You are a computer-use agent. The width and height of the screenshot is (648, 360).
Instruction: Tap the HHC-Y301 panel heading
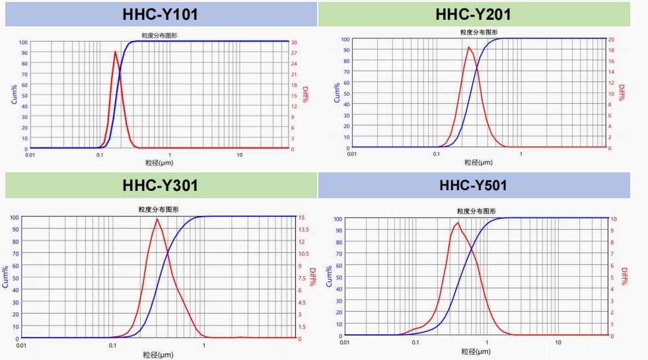pyautogui.click(x=160, y=186)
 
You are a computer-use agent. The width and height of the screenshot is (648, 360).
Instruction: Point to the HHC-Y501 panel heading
pyautogui.click(x=473, y=186)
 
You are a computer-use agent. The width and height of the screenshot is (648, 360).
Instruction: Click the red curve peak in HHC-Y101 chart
pyautogui.click(x=116, y=52)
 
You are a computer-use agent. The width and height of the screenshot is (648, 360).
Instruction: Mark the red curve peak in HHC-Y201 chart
pyautogui.click(x=468, y=47)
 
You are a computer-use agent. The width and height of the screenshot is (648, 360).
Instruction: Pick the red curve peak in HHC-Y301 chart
pyautogui.click(x=157, y=219)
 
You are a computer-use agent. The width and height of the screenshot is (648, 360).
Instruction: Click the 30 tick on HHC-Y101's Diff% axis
pyautogui.click(x=294, y=42)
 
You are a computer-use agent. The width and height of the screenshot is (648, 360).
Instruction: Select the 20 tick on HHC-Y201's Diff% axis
pyautogui.click(x=611, y=40)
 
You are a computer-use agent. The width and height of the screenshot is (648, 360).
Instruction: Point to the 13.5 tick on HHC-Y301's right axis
pyautogui.click(x=305, y=229)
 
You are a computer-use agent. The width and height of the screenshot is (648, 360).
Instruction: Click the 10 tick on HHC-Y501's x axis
pyautogui.click(x=558, y=342)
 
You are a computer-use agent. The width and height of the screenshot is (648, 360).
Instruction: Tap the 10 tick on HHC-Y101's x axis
pyautogui.click(x=240, y=155)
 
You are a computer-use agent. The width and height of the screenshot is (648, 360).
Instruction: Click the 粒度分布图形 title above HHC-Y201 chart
pyautogui.click(x=478, y=32)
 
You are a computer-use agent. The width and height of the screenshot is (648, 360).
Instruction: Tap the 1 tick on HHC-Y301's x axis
pyautogui.click(x=203, y=345)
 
